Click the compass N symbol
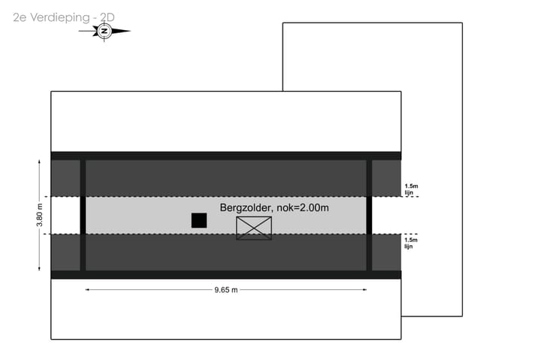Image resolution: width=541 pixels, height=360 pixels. [x=104, y=31]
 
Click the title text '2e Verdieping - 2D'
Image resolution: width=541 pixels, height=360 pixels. [x=64, y=17]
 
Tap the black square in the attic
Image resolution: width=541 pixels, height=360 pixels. [x=199, y=220]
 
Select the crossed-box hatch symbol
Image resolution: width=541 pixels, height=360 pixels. [x=254, y=228]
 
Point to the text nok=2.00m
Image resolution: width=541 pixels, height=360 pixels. [x=303, y=207]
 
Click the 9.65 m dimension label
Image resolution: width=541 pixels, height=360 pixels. [x=226, y=290]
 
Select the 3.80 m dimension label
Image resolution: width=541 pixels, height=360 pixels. [x=40, y=215]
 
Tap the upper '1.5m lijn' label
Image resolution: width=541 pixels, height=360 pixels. [x=411, y=189]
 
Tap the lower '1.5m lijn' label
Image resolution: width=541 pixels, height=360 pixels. [x=411, y=243]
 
